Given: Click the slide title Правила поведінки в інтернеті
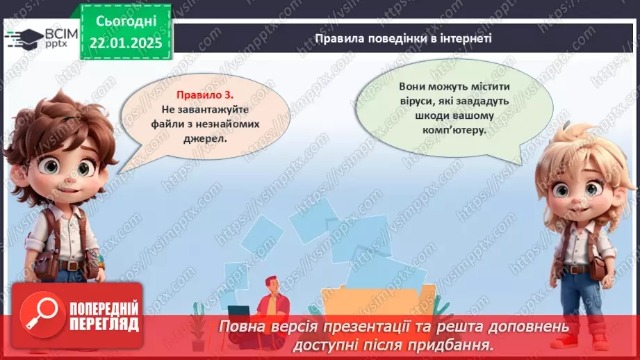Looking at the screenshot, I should tap(403, 38).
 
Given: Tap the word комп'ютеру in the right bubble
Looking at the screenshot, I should tap(454, 129).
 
